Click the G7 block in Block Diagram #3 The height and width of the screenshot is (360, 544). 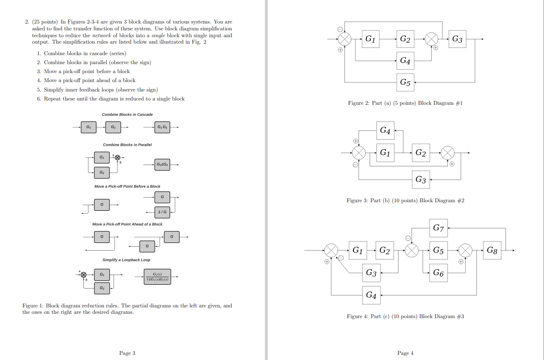438,228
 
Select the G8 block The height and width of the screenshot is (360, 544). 492,251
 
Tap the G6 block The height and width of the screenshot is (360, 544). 438,272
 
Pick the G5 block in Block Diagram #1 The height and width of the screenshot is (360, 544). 405,82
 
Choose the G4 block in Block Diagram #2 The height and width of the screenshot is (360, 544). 385,130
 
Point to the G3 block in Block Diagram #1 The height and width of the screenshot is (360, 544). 457,39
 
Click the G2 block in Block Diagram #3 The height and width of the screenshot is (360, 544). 385,251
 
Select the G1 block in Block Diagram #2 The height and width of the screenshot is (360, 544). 385,153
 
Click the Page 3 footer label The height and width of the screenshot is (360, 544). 127,353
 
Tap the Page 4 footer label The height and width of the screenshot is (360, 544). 405,353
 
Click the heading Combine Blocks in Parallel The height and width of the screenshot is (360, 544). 127,145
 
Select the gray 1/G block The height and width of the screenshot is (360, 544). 162,211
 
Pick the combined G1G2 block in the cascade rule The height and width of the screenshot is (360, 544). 162,127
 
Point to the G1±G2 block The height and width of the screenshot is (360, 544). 162,165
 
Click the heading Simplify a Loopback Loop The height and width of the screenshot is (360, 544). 126,260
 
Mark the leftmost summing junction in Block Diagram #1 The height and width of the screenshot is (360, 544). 345,39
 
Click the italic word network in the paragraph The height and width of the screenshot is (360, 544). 102,35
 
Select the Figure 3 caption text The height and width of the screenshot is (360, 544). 405,201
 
